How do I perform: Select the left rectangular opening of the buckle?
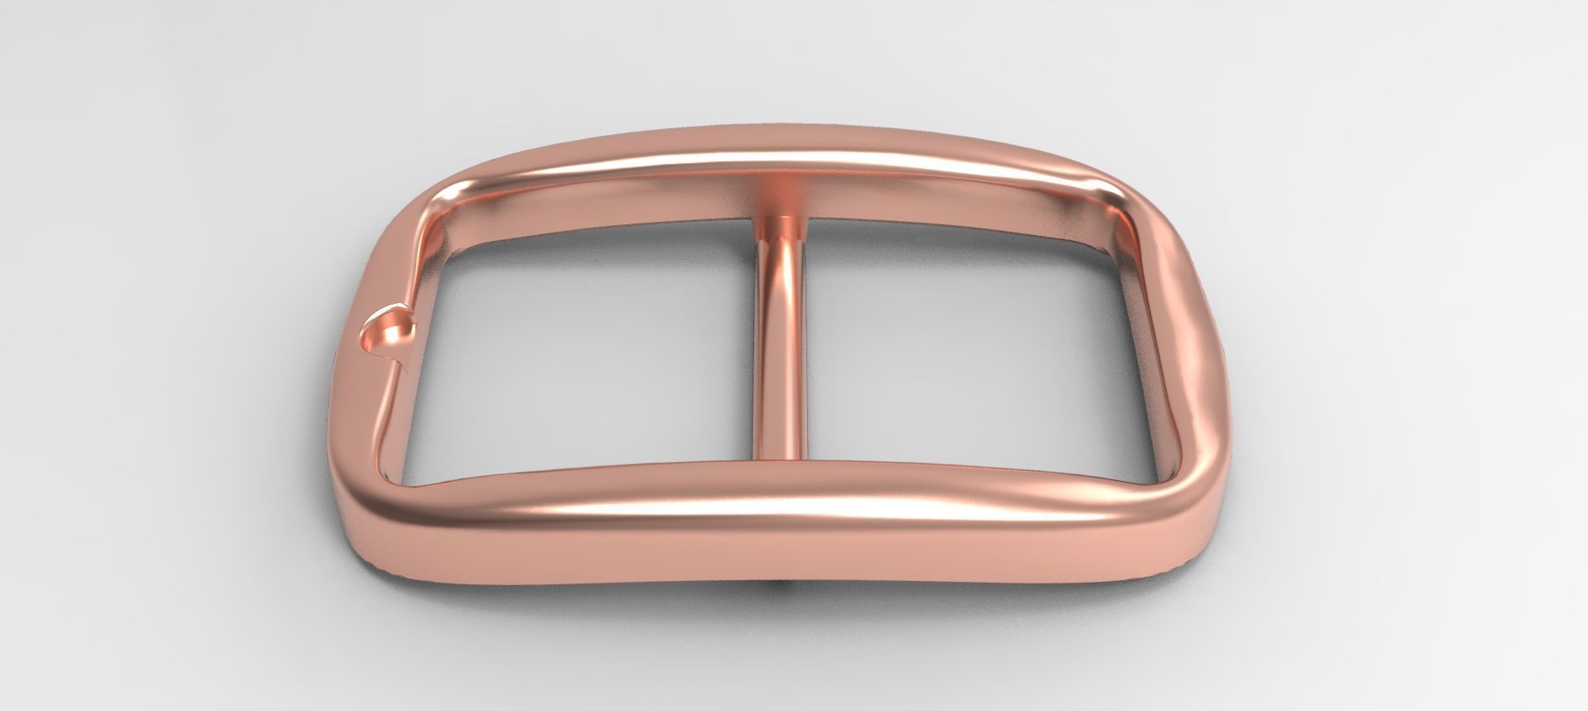579,348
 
